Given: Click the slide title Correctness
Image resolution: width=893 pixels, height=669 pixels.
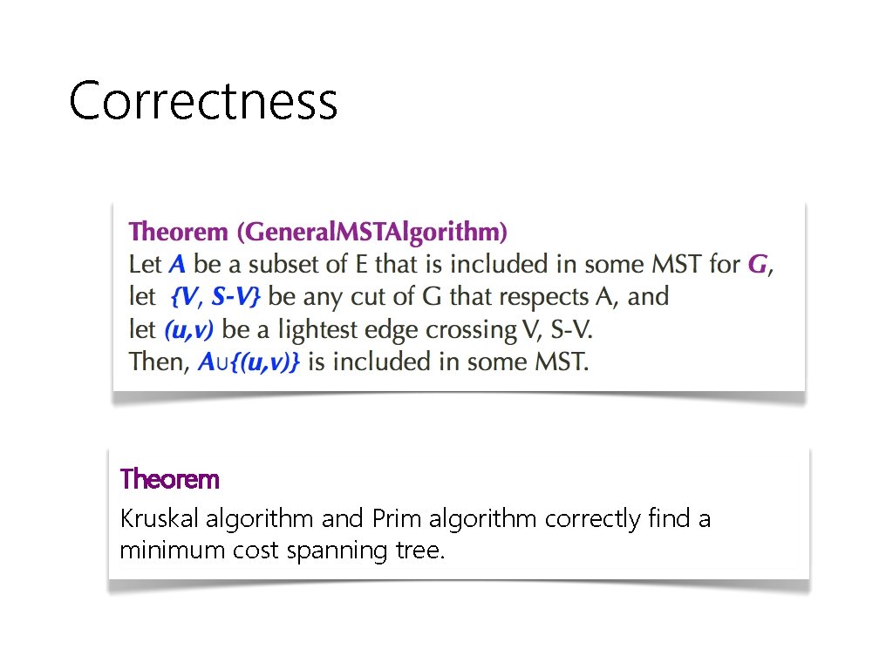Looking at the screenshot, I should (x=202, y=100).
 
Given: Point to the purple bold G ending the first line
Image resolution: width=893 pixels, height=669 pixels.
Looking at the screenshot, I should (x=758, y=264).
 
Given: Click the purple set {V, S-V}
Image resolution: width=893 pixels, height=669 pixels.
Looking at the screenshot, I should (x=215, y=297).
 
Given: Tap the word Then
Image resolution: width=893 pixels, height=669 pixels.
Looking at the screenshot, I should (x=157, y=362).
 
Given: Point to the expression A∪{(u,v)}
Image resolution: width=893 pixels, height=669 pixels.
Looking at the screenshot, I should (x=249, y=362).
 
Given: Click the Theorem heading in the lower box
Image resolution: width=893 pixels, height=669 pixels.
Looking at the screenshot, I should (x=169, y=479).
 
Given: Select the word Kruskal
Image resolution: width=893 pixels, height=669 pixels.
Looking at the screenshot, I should (x=160, y=520).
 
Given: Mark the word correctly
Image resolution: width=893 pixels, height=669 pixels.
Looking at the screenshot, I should (x=593, y=520).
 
